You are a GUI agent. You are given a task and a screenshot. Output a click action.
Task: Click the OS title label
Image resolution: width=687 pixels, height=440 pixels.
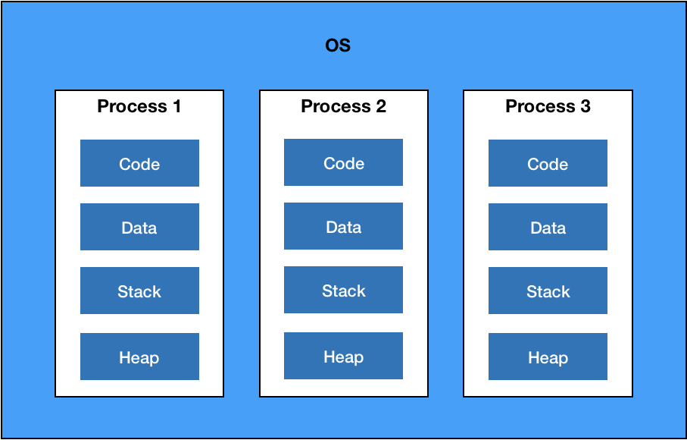[338, 46]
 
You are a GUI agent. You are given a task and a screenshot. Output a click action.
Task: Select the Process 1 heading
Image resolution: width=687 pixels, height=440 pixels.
[139, 106]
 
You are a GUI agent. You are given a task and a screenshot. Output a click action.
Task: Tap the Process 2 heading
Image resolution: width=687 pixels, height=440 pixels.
[344, 106]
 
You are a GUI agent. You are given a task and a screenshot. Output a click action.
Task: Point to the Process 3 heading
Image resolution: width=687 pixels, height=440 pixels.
[548, 106]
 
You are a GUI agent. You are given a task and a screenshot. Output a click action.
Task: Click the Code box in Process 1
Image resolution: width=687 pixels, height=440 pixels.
[140, 163]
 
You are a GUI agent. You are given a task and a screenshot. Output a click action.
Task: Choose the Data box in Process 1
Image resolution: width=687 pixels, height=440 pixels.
[140, 227]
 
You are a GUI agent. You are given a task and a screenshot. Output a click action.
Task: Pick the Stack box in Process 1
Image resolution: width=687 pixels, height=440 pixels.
[140, 291]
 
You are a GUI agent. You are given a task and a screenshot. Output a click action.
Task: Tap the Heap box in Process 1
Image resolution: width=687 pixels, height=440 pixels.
[140, 357]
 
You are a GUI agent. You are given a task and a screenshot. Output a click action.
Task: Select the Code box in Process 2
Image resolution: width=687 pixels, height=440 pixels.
[344, 162]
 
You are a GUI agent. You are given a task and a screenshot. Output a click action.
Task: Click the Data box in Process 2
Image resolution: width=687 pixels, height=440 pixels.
[344, 226]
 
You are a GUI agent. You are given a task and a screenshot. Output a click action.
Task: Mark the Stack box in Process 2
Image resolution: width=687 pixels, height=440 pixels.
[344, 290]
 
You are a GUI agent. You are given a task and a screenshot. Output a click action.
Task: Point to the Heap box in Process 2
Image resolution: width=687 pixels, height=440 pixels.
[344, 356]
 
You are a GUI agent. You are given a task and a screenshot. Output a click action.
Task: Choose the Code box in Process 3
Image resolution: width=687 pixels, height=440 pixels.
[548, 163]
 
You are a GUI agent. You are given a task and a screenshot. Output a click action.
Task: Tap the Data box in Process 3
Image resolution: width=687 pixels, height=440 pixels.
[548, 227]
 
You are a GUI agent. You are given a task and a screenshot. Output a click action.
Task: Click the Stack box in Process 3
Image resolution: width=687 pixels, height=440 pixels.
[548, 291]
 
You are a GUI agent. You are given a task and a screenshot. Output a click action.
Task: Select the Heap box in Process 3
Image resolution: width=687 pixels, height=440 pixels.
[548, 357]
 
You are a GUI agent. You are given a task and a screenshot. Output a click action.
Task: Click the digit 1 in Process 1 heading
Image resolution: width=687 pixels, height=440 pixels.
[176, 106]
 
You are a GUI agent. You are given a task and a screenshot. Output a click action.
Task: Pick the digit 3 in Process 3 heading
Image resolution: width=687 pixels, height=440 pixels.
[586, 106]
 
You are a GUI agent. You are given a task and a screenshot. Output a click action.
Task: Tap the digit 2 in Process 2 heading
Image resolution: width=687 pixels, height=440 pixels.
[381, 106]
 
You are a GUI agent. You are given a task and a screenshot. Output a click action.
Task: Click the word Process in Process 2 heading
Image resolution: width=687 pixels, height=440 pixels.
[336, 106]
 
